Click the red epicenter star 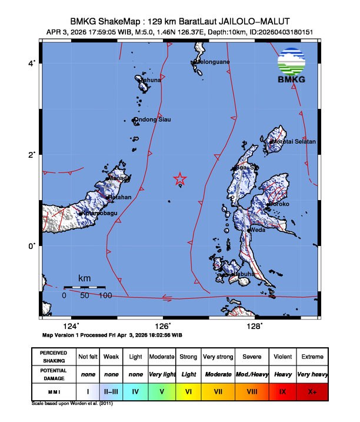click(x=180, y=179)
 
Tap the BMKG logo click(x=293, y=68)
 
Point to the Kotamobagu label click(x=98, y=212)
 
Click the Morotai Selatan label click(x=294, y=142)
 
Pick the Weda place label click(x=258, y=230)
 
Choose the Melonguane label click(x=212, y=62)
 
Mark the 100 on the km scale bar click(x=105, y=295)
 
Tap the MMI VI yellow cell click(x=188, y=390)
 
